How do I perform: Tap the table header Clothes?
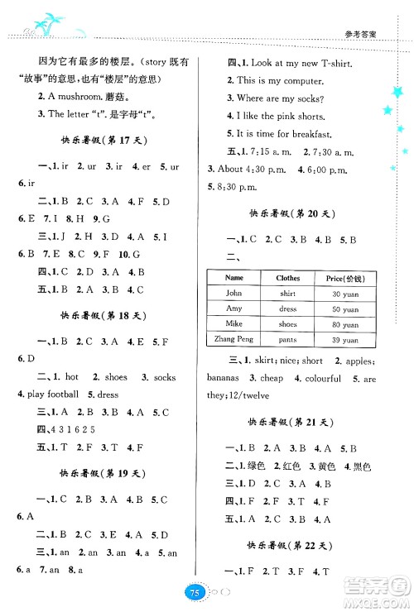pyautogui.click(x=288, y=278)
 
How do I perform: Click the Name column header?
pyautogui.click(x=233, y=278)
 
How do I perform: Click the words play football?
pyautogui.click(x=51, y=394)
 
